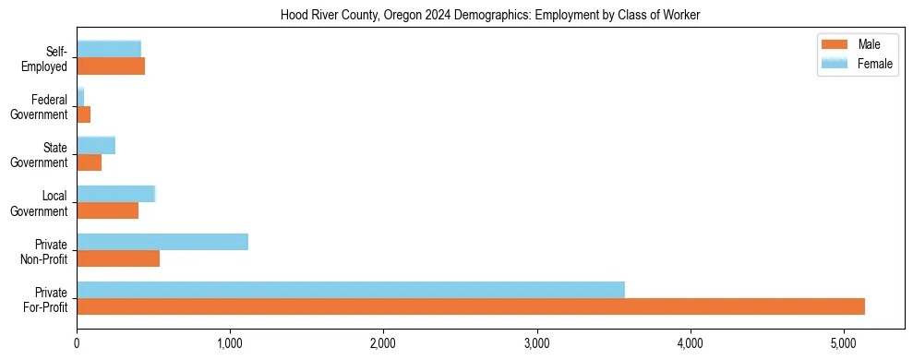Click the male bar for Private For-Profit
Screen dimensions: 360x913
(x=471, y=306)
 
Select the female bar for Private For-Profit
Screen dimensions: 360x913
(x=351, y=289)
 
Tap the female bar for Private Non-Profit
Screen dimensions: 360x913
(x=162, y=242)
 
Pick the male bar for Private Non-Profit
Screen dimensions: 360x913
(x=118, y=258)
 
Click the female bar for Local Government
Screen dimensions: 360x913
(x=115, y=194)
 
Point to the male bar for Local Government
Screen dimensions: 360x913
(x=107, y=210)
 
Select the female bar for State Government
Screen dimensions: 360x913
(x=96, y=145)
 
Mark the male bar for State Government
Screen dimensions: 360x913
(x=89, y=162)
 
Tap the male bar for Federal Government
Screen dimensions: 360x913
(x=83, y=114)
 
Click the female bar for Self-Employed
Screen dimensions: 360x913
(x=109, y=49)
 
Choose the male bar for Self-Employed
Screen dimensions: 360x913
(x=111, y=66)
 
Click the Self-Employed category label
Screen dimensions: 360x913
(x=45, y=58)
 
